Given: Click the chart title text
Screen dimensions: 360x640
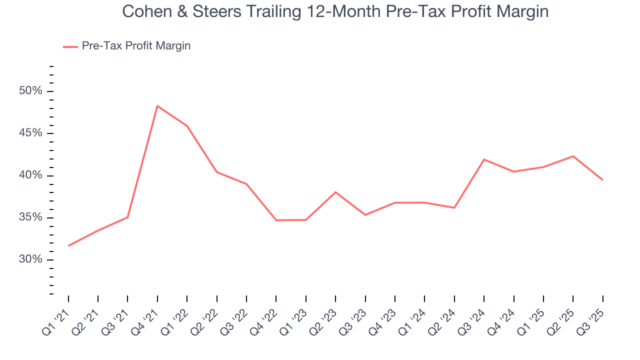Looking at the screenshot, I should tap(335, 12).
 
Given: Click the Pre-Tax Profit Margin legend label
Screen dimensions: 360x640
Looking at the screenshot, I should tap(136, 46).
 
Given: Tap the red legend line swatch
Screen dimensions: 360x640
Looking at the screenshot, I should tap(70, 46).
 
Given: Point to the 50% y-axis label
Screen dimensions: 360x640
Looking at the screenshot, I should tap(30, 91).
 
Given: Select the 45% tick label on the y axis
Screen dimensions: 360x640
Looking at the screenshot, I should tap(30, 133).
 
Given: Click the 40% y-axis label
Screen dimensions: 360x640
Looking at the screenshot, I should tap(30, 175).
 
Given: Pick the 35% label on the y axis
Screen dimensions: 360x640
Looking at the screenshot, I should tap(30, 217).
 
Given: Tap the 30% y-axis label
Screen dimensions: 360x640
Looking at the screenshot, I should tap(30, 259).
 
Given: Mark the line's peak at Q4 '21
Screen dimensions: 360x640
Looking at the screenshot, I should tap(157, 106).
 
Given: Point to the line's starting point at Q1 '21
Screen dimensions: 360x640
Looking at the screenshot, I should tap(68, 245).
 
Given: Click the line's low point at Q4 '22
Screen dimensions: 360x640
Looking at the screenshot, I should tap(276, 220).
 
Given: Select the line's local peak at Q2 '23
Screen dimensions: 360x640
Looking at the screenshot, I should tap(335, 192).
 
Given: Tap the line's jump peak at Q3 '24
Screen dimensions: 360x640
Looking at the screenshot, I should tap(484, 159).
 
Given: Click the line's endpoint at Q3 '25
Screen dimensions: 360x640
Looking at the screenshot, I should tap(602, 180).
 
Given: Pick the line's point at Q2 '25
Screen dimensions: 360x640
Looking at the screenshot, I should tap(573, 156).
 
